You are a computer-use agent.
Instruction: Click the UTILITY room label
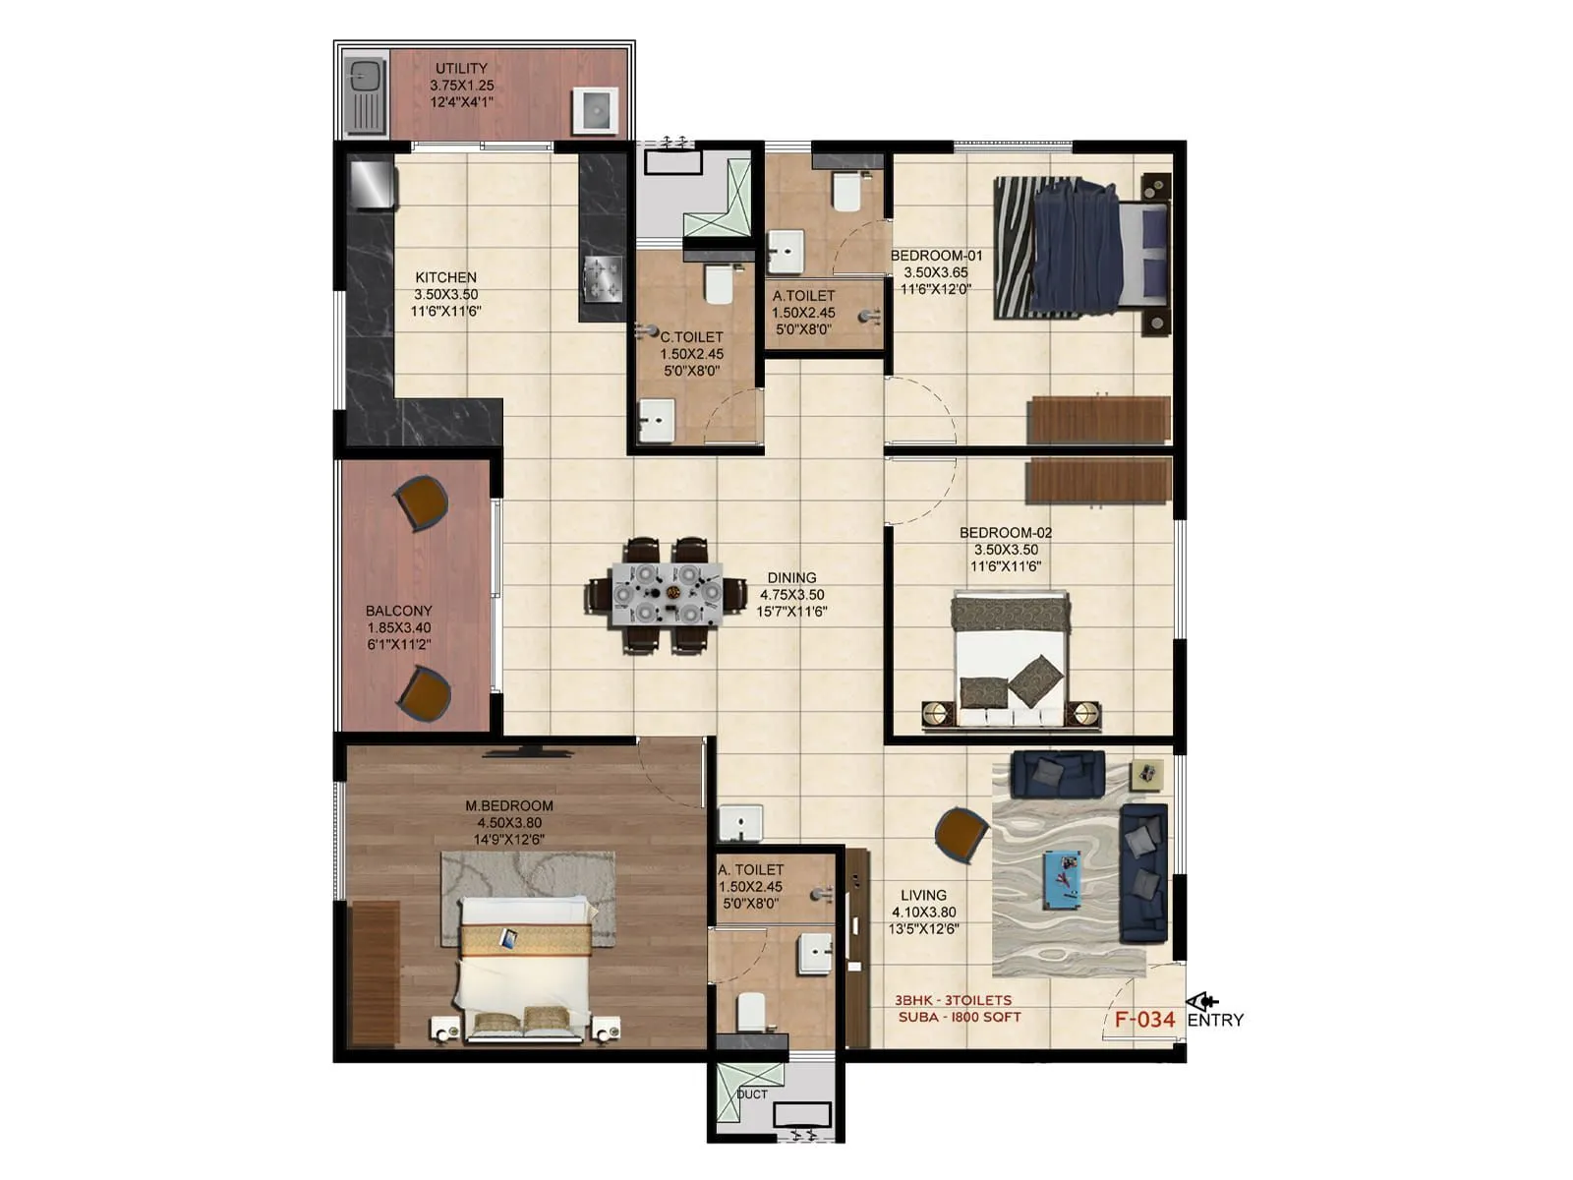[461, 69]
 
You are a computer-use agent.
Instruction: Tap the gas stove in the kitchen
[603, 277]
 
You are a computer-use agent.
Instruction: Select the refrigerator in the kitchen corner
[373, 184]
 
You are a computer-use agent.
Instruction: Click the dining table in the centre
[666, 594]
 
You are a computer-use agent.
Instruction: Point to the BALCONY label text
[398, 611]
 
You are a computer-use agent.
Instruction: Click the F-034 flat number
[1144, 1020]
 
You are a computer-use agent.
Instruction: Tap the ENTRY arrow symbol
[1201, 1002]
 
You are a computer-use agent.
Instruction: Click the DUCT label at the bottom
[752, 1094]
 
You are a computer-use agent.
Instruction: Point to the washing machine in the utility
[596, 110]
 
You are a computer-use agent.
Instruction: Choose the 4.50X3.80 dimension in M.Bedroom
[509, 823]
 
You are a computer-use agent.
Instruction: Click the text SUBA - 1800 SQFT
[959, 1018]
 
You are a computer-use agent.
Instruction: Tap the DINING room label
[791, 578]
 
